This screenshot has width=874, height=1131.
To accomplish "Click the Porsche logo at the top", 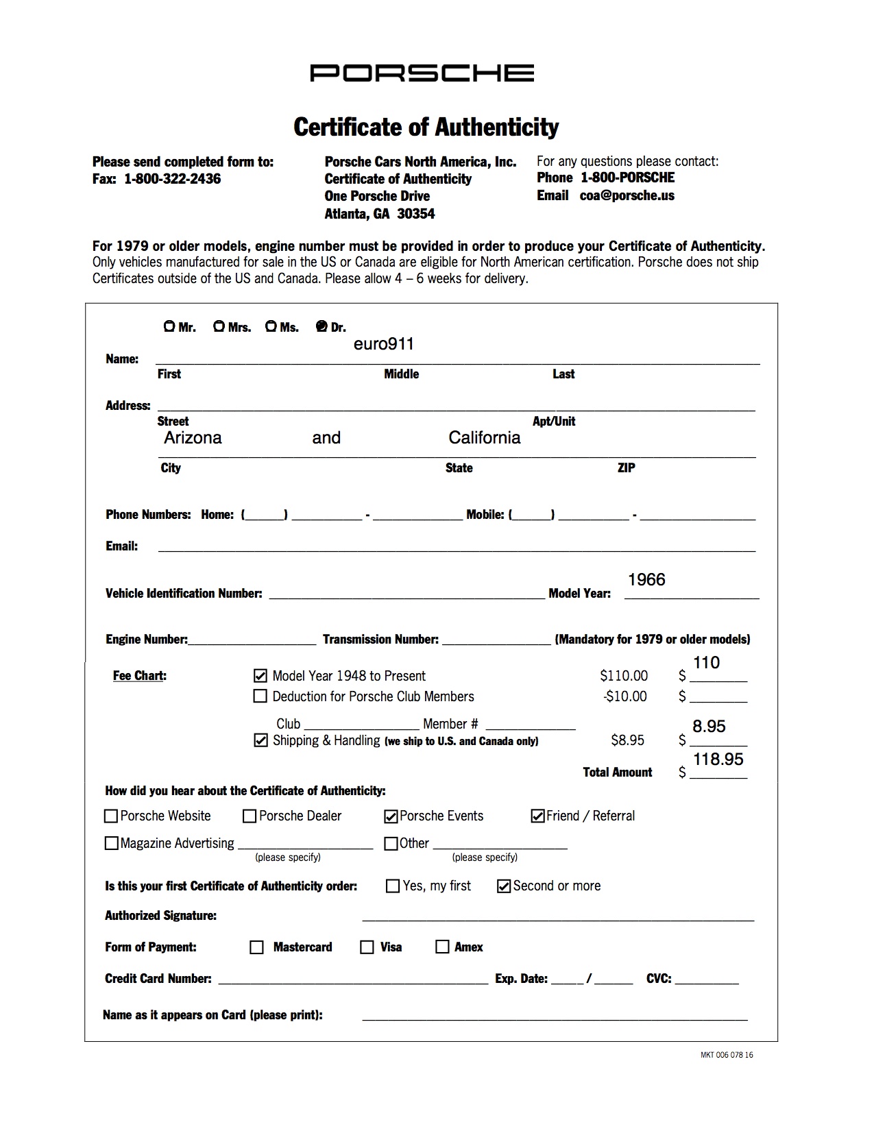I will (422, 73).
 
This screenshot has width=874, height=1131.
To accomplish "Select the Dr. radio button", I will (321, 326).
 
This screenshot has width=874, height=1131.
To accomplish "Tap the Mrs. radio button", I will (219, 326).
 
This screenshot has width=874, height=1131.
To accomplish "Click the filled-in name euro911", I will (384, 344).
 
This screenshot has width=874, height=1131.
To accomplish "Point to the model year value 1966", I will (646, 580).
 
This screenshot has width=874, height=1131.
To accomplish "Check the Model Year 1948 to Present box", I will (260, 676).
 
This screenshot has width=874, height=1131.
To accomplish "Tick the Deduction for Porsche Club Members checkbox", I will (260, 696).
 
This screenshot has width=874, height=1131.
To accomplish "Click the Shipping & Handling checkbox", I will (260, 740).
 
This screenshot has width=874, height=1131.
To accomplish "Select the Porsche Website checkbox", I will (111, 816).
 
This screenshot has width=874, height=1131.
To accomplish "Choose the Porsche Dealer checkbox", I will (250, 816).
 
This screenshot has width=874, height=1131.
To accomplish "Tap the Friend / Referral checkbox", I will (537, 816).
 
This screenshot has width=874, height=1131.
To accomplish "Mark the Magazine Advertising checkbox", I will (111, 844).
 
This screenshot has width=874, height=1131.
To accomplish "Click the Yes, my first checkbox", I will (393, 886).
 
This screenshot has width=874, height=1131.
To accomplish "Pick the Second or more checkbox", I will (504, 886).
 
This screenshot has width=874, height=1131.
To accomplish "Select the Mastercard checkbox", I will (257, 947).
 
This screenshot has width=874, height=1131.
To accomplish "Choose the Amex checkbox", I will (442, 947).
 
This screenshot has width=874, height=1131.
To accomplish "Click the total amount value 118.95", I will (718, 759).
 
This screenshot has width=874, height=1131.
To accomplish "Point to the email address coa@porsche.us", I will (627, 195).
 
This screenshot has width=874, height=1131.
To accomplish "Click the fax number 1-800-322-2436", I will (172, 179).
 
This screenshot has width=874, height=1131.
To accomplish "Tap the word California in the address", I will (485, 438).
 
